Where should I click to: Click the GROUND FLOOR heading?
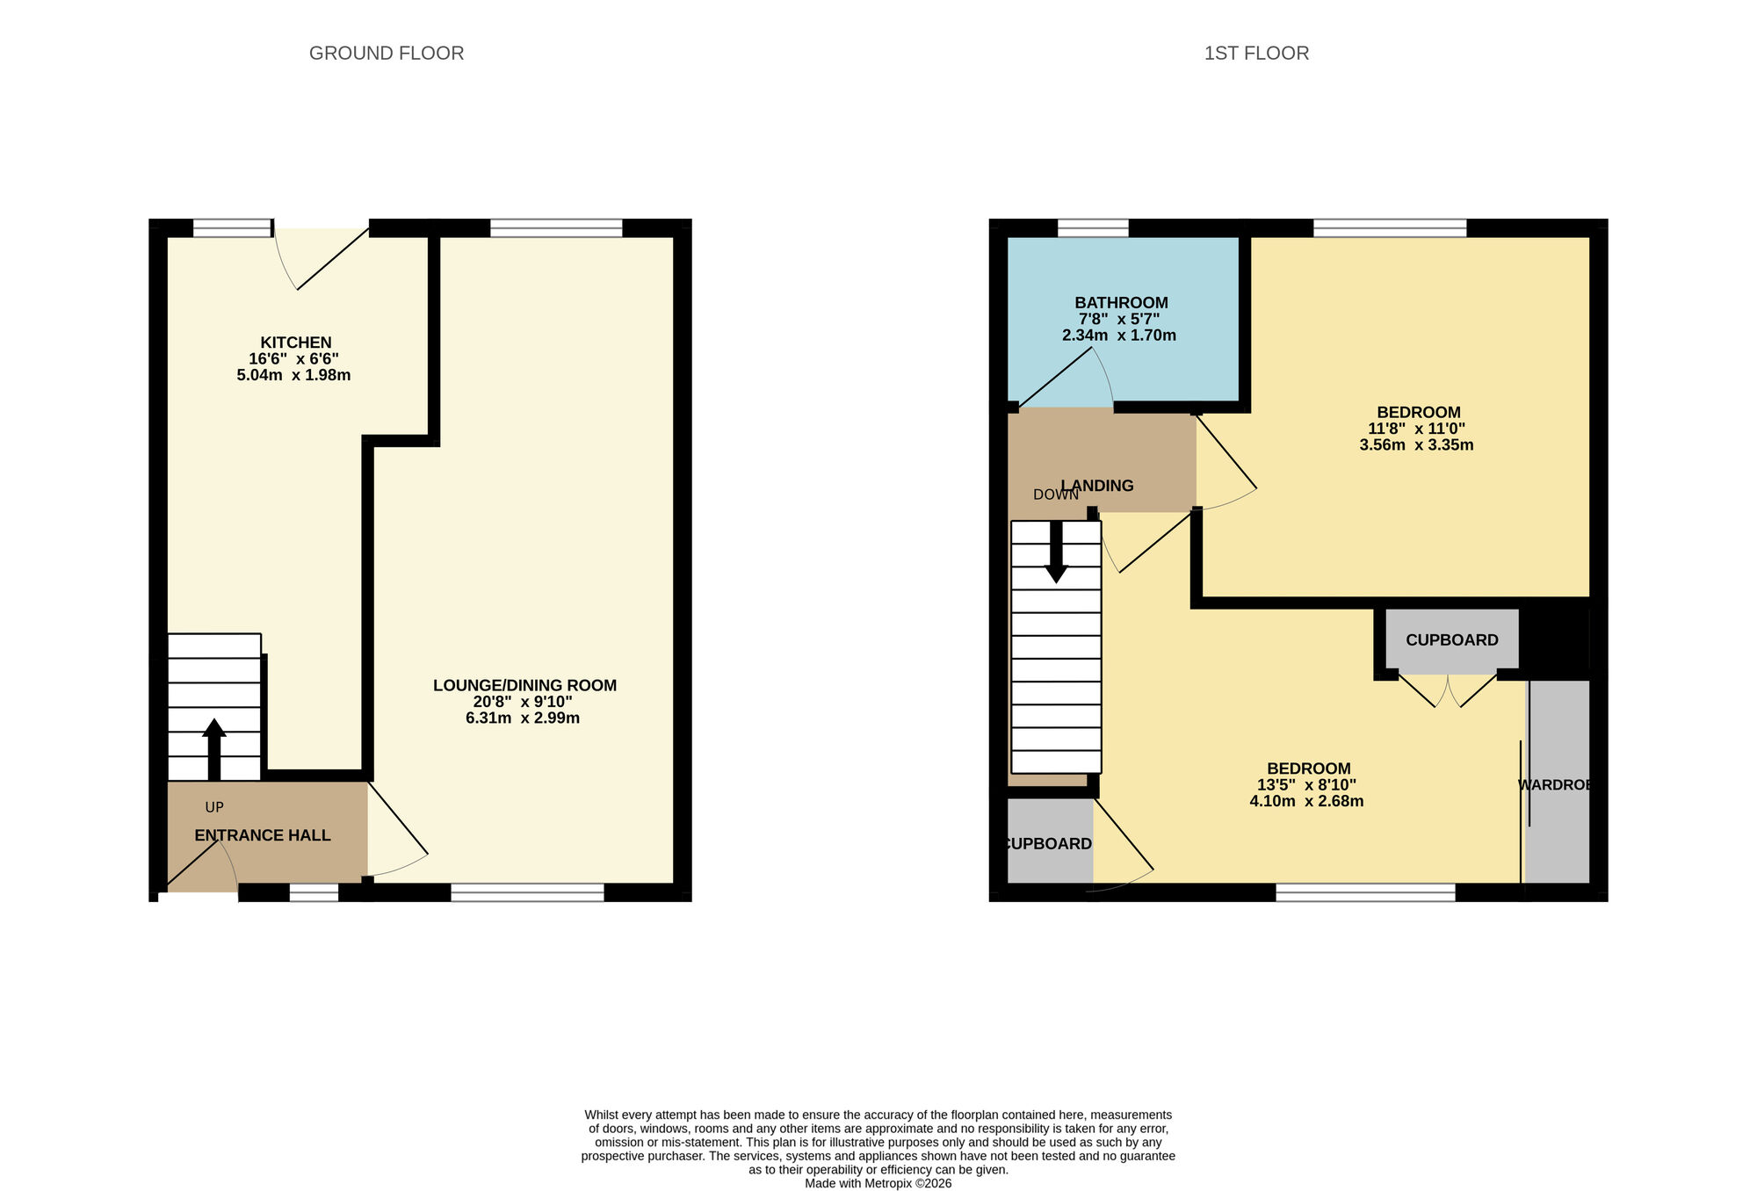387,53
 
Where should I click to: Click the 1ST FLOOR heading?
1256,53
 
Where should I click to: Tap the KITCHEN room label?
295,343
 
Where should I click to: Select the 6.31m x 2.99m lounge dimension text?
523,718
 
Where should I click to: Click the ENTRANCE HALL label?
263,835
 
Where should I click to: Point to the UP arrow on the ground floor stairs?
214,748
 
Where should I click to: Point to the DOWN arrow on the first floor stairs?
1056,552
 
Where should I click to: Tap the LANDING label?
1098,486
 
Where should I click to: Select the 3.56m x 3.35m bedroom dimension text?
1416,444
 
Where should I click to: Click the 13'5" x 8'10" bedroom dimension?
1306,785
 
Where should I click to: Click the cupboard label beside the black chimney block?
1451,640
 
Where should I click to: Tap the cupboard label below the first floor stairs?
1047,844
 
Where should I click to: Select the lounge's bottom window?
527,892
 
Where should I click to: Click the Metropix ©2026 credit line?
878,1183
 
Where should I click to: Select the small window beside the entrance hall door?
314,892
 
